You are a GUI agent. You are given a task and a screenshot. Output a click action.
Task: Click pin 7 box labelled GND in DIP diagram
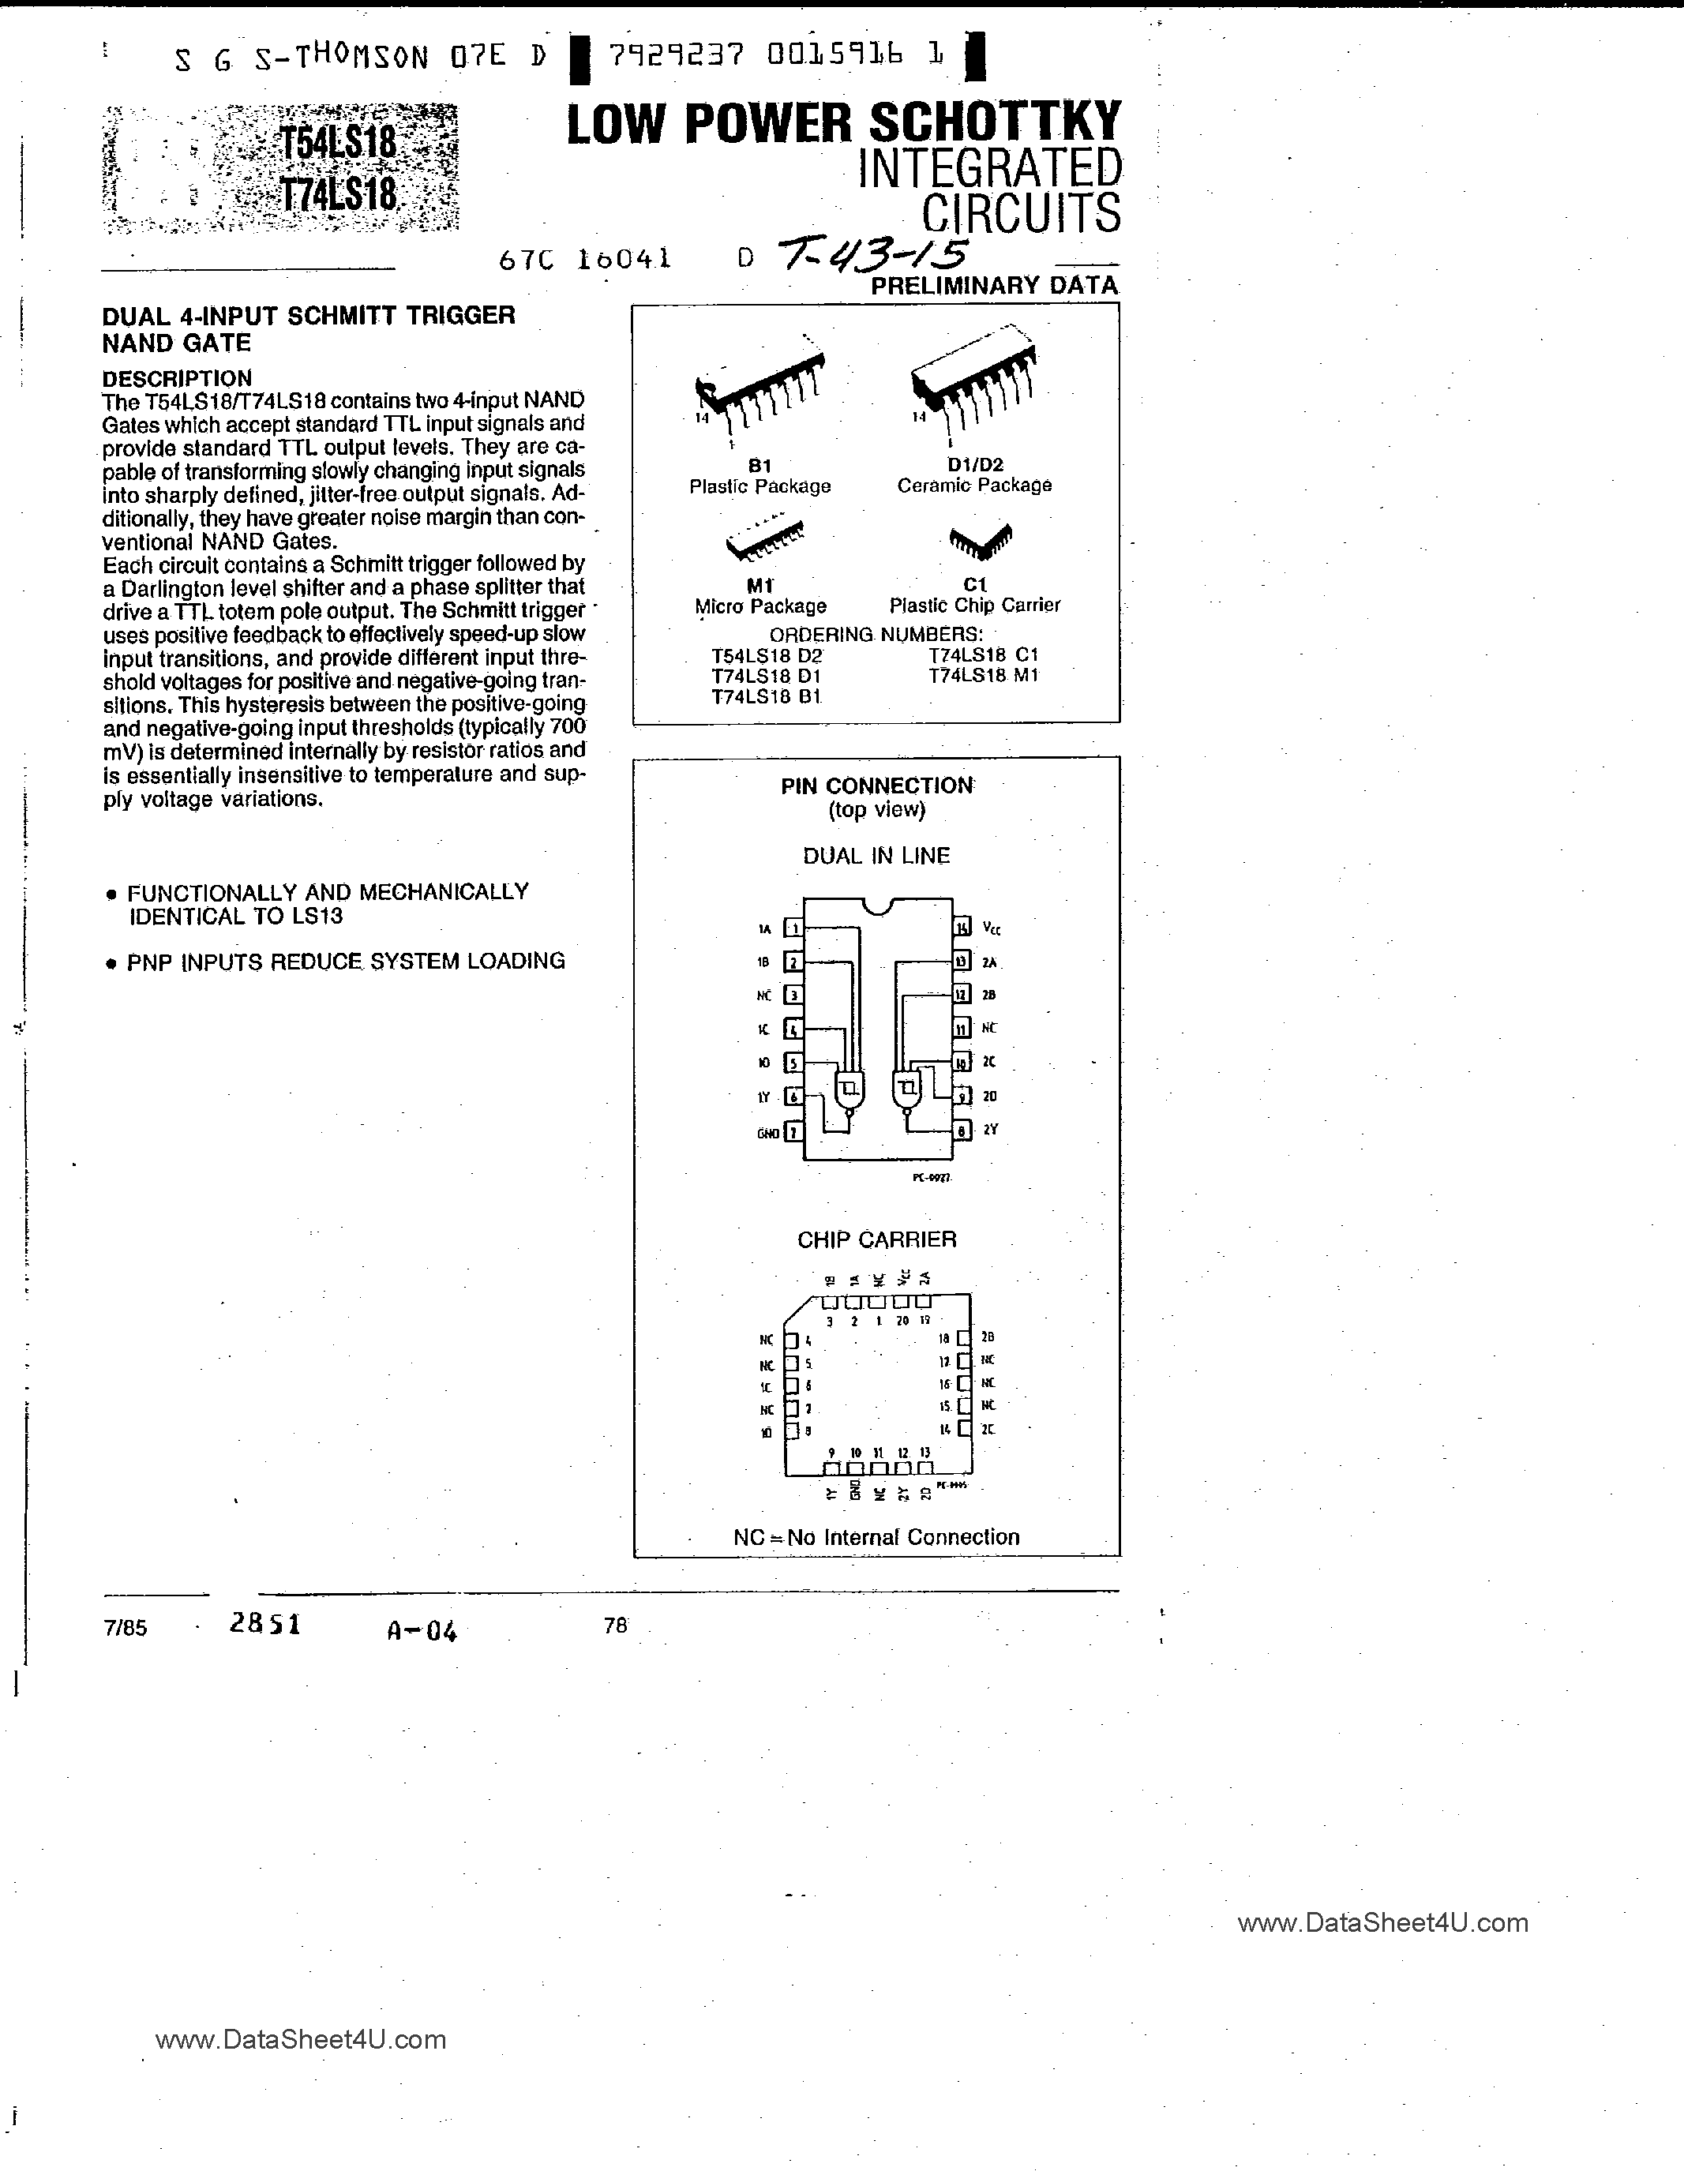pos(793,1131)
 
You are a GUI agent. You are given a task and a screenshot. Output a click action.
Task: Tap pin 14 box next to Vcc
pos(962,928)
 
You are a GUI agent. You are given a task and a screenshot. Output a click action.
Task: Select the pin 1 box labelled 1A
pos(793,928)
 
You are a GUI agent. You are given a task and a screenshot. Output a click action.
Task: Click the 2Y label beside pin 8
pos(990,1129)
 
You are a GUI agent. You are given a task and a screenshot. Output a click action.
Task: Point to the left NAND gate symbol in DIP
pos(849,1089)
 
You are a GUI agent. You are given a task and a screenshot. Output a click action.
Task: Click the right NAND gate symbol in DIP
pos(906,1089)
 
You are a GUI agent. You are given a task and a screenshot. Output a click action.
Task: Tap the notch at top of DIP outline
pos(877,904)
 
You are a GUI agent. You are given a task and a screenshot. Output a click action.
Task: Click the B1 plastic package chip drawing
pos(760,388)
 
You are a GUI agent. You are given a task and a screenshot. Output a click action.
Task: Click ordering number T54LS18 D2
pos(767,656)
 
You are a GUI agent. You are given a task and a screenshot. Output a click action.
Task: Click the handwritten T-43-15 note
pos(870,253)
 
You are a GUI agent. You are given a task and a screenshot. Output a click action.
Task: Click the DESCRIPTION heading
pos(177,379)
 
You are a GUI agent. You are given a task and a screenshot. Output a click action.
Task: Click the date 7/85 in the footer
pos(124,1628)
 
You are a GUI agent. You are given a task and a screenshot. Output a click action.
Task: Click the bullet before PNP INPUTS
pos(111,963)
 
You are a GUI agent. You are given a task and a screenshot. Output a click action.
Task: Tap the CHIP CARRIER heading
pos(877,1239)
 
